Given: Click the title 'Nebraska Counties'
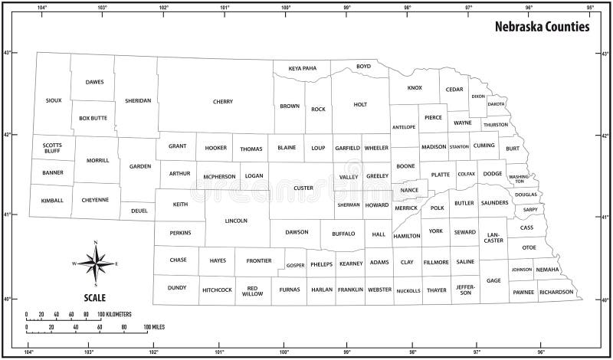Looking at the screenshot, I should [x=541, y=26].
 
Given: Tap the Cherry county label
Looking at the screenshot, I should [x=223, y=101].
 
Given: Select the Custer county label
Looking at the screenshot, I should [x=303, y=187].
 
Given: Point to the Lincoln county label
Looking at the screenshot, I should [x=236, y=221].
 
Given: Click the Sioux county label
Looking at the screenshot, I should [x=54, y=100].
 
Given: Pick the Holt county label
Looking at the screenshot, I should [x=360, y=105].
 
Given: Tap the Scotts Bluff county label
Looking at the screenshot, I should [x=53, y=147].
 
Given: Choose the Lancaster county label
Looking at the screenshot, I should [x=494, y=237].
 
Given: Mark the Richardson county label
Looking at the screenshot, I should [x=556, y=292].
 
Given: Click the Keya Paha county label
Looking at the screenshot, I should [x=302, y=68].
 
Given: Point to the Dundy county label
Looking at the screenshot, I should [x=177, y=288].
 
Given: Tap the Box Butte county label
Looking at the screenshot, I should [x=93, y=118].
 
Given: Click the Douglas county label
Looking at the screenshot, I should [x=526, y=195].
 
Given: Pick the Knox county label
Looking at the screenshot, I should [x=415, y=88].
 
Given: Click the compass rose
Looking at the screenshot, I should [x=96, y=263].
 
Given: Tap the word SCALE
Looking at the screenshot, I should [x=96, y=297].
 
